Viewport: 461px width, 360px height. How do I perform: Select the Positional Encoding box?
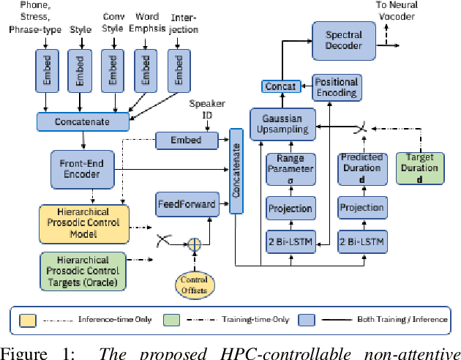(x=336, y=86)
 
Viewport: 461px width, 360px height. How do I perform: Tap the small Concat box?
(x=279, y=86)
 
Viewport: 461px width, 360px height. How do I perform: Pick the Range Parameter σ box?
(x=290, y=168)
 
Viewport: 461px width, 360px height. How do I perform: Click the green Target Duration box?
(x=419, y=168)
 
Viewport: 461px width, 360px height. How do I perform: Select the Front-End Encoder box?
(x=82, y=169)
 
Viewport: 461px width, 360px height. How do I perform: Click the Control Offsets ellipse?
(x=193, y=285)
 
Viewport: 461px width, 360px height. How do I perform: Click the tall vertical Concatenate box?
(x=236, y=170)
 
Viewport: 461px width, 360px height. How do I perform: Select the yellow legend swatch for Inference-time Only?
(x=28, y=319)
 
